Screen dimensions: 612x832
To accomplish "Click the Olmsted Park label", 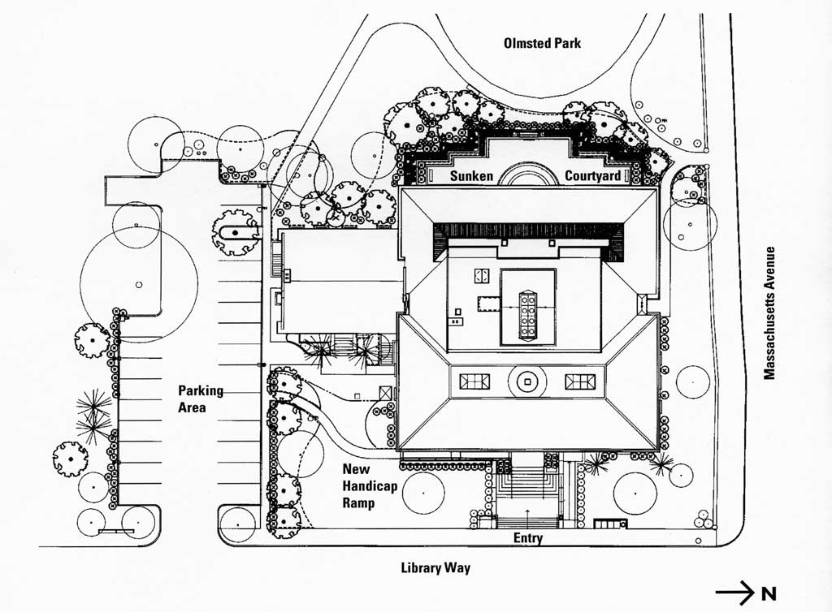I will (x=542, y=43).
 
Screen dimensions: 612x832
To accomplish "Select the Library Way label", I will (x=435, y=568).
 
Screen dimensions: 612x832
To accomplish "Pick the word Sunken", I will (x=471, y=176).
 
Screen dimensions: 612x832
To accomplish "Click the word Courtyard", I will (x=592, y=176).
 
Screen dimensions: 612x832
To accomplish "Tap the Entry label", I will (x=528, y=538).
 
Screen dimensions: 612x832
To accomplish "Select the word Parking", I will (x=200, y=391).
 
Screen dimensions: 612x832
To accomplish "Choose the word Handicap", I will (x=369, y=486).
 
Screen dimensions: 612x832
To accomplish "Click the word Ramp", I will (x=358, y=503).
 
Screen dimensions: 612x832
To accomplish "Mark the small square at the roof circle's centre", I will (x=527, y=382).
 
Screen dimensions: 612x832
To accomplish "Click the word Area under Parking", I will (x=192, y=408).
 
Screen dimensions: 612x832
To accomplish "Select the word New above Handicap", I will (x=356, y=469).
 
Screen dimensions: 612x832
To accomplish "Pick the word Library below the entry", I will (x=419, y=568).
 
